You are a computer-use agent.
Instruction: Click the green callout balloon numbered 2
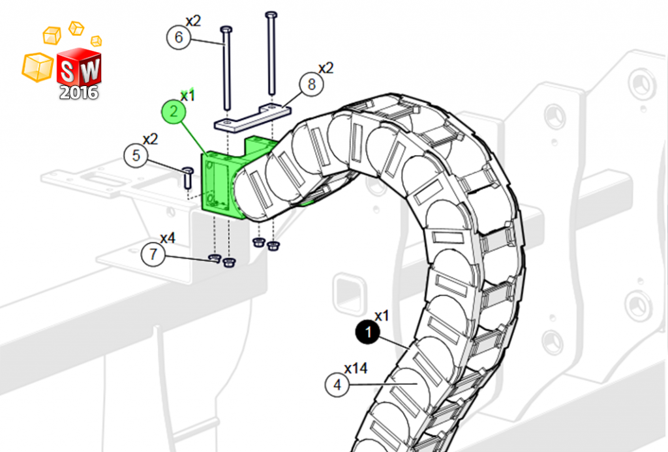point(174,111)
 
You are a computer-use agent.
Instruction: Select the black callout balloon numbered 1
point(368,333)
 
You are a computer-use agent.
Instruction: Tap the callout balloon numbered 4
point(337,385)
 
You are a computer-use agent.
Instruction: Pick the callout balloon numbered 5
point(136,156)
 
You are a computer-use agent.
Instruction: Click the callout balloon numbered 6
point(179,37)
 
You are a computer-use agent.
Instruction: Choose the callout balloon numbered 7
point(153,254)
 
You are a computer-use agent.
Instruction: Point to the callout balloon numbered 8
point(312,84)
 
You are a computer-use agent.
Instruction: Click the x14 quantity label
point(356,369)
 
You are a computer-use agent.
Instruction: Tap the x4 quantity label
point(168,238)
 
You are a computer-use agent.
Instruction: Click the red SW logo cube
point(79,68)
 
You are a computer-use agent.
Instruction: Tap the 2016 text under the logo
point(79,92)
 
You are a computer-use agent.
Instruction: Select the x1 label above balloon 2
point(188,96)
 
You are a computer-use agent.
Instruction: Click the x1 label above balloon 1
point(382,317)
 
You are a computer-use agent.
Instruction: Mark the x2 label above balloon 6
point(193,21)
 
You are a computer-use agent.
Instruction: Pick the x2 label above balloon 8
point(326,68)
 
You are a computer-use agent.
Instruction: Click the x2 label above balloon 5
point(150,139)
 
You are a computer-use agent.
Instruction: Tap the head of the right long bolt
point(271,14)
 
